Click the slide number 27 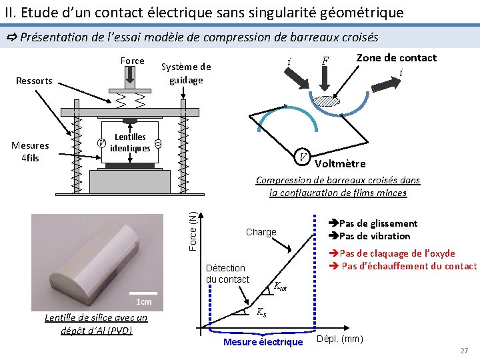pyautogui.click(x=464, y=351)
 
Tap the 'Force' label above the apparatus pyautogui.click(x=132, y=61)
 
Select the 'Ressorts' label pyautogui.click(x=34, y=81)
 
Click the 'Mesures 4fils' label pyautogui.click(x=30, y=151)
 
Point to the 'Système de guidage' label pyautogui.click(x=186, y=73)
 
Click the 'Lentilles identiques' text pyautogui.click(x=130, y=143)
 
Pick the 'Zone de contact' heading pyautogui.click(x=396, y=57)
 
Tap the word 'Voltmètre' pyautogui.click(x=340, y=164)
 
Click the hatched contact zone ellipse pyautogui.click(x=327, y=101)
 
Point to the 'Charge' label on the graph pyautogui.click(x=261, y=232)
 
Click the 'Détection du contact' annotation pyautogui.click(x=228, y=273)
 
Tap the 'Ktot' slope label pyautogui.click(x=281, y=287)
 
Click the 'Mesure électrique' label pyautogui.click(x=263, y=342)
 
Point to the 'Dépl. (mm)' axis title pyautogui.click(x=339, y=339)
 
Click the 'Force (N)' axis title pyautogui.click(x=193, y=231)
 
